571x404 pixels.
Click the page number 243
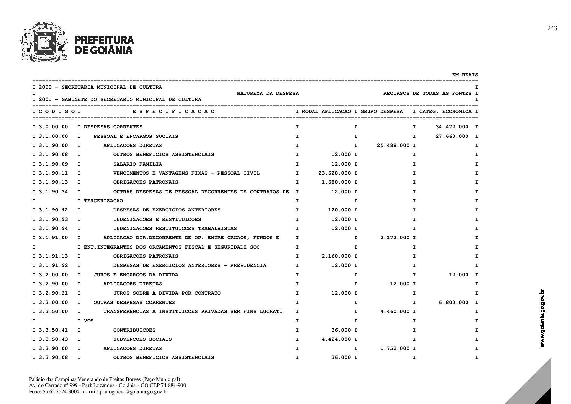552,28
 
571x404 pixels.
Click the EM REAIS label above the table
465,75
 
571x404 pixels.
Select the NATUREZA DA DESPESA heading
268,94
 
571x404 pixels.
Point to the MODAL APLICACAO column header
326,112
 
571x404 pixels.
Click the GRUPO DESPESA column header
382,112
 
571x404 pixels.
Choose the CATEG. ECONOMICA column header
445,112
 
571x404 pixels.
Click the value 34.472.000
452,127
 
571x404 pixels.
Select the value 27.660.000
452,136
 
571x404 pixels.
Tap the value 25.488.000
393,145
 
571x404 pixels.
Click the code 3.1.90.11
53,173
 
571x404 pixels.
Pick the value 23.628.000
334,173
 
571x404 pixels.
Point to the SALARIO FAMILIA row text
137,164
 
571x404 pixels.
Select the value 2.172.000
395,238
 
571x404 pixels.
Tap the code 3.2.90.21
53,293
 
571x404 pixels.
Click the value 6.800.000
453,302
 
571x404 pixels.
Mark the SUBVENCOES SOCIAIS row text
142,339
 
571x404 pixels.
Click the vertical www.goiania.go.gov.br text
542,318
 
